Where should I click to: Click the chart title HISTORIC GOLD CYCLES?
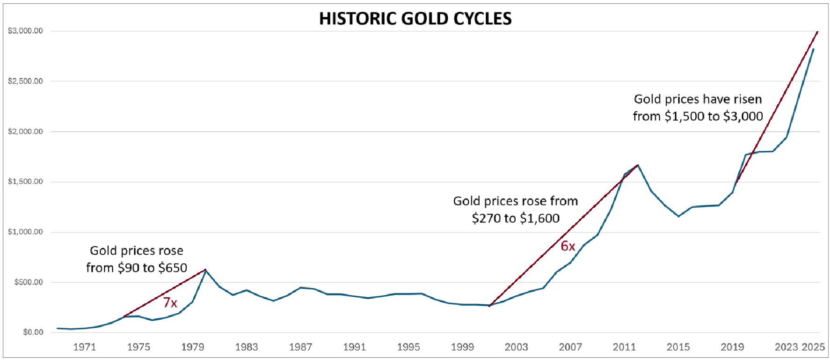415,19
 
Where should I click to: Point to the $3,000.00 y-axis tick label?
25,31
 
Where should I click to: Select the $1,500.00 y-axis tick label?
25,182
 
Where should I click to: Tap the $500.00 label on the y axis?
28,282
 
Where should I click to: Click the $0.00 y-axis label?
33,332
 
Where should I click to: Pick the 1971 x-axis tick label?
84,347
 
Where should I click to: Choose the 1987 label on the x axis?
300,347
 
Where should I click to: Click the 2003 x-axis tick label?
516,347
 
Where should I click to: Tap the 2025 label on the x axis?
813,347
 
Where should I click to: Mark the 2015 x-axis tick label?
678,347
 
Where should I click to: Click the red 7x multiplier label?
170,303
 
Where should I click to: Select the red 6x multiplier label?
568,246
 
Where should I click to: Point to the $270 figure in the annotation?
487,219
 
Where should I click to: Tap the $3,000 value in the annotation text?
743,117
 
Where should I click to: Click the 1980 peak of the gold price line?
205,270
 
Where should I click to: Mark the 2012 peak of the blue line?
638,165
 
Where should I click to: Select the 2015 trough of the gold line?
678,216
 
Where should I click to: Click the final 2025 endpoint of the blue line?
813,49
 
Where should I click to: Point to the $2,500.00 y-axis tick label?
25,81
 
